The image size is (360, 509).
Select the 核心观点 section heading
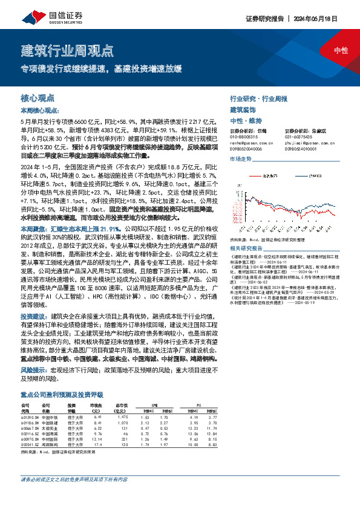[x=38, y=97]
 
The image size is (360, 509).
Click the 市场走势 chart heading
[x=240, y=158]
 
